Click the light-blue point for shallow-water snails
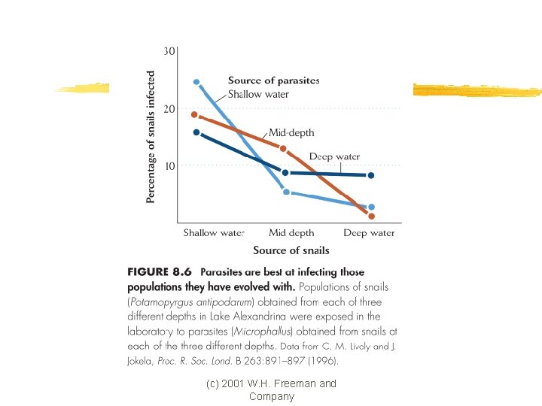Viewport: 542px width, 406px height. tap(196, 82)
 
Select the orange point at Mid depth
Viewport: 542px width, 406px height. tap(283, 149)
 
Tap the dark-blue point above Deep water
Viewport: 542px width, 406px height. tap(371, 175)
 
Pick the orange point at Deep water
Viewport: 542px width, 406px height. tap(372, 216)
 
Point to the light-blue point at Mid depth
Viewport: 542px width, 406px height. tap(286, 192)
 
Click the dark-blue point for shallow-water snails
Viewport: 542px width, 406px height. tap(196, 132)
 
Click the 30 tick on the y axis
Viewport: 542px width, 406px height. tap(169, 51)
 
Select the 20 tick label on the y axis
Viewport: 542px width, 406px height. tap(169, 109)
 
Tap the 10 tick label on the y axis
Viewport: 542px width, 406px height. tap(169, 166)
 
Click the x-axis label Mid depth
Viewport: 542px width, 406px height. tap(291, 233)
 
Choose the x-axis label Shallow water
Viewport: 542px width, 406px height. tap(214, 232)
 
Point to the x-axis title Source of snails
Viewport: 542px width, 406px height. tap(291, 250)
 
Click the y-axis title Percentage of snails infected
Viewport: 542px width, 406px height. tap(150, 137)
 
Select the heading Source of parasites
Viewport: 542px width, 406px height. tap(273, 80)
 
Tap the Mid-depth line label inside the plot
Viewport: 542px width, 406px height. tap(291, 132)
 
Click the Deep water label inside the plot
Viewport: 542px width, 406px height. tap(334, 156)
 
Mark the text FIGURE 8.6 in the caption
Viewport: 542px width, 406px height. tap(160, 271)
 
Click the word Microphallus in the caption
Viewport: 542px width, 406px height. tap(262, 332)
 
